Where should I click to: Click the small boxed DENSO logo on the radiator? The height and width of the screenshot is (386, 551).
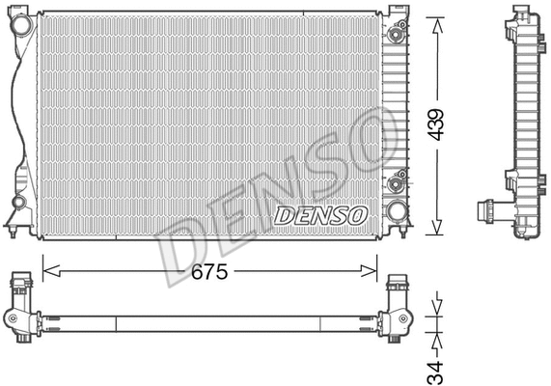[319, 214]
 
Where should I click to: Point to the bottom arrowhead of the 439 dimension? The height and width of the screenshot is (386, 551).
[438, 232]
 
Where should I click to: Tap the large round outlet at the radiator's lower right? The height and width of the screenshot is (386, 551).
[395, 212]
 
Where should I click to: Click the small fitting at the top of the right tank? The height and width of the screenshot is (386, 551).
[394, 35]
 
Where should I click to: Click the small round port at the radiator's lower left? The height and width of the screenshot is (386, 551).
[20, 204]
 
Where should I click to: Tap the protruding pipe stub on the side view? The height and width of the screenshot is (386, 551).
[485, 207]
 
